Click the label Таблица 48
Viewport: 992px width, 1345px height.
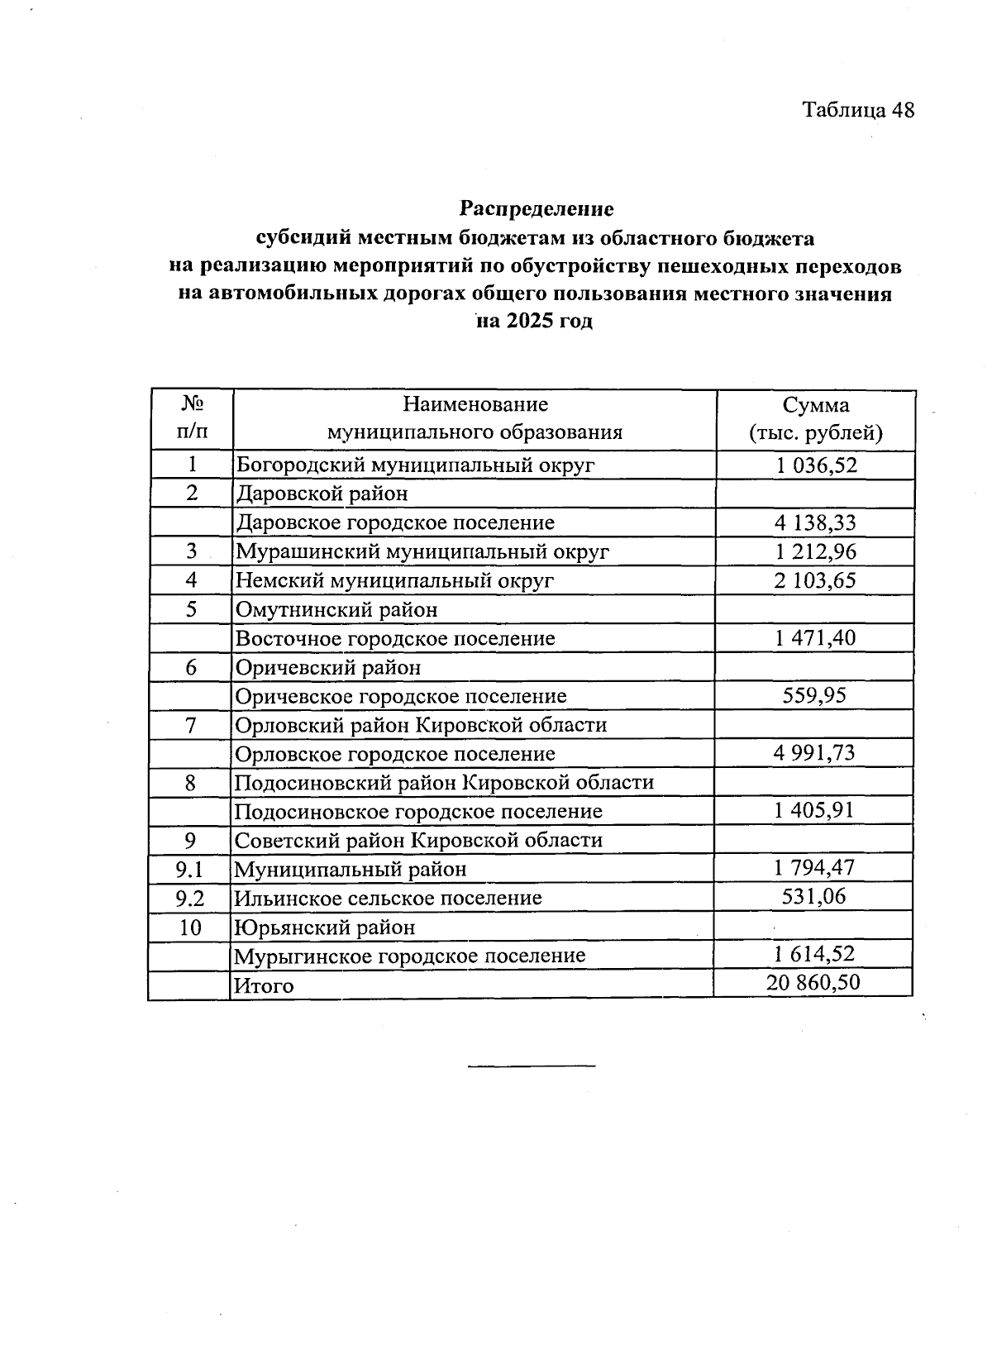(858, 110)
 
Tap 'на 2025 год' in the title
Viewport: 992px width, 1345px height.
(536, 321)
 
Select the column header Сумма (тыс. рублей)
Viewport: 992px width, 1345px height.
(815, 419)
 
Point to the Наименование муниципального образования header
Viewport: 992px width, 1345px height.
(475, 419)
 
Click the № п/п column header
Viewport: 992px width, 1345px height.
(191, 419)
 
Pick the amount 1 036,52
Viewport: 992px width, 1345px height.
(816, 465)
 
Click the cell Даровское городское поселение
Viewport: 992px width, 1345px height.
(395, 522)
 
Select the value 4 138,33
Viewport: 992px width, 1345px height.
(815, 522)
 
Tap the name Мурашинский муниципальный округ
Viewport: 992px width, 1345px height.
(422, 551)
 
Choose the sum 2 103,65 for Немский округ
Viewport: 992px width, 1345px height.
(815, 580)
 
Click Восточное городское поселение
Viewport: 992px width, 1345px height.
(395, 638)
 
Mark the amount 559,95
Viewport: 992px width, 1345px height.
(815, 695)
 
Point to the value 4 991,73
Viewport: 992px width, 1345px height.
(815, 753)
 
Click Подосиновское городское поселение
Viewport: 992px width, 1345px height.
(418, 811)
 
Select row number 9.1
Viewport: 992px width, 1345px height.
(190, 869)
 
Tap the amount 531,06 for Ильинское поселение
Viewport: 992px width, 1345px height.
(814, 897)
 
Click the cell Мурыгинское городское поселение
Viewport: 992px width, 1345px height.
(410, 956)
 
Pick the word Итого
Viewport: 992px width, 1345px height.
(264, 985)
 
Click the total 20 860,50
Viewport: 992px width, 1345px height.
(813, 983)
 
